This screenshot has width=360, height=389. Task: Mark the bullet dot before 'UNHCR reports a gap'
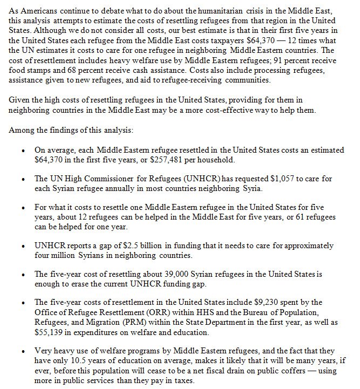click(22, 245)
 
